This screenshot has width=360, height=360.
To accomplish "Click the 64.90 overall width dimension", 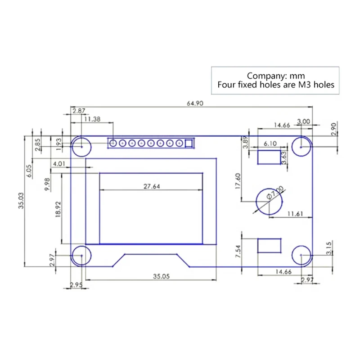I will [x=196, y=103].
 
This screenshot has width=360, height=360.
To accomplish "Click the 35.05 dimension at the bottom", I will [x=161, y=277].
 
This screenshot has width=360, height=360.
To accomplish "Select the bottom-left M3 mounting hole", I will [x=81, y=256].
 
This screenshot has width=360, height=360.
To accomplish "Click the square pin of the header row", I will [x=189, y=144].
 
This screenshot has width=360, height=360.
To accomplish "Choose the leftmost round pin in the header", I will [x=113, y=144].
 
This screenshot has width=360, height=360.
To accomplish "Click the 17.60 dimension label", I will [x=238, y=183].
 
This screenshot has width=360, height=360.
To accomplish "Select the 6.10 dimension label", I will [x=270, y=144].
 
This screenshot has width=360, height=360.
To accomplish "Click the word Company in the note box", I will [x=265, y=76].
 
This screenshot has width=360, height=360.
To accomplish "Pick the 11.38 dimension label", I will [x=92, y=119].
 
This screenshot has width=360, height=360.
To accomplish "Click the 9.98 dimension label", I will [x=47, y=184].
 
